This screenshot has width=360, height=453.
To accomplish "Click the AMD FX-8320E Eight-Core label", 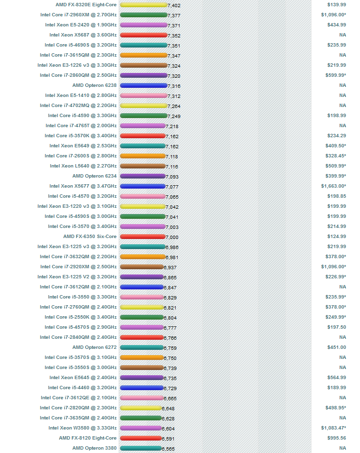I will (86, 5).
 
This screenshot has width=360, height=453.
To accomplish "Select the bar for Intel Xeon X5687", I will (143, 35).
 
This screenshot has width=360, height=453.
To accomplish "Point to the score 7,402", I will (174, 5).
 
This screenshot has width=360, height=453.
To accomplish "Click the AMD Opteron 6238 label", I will (95, 85).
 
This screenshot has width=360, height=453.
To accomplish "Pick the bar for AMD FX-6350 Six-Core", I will (142, 237).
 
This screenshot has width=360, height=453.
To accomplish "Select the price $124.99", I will (336, 237).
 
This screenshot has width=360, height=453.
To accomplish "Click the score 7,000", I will (172, 238).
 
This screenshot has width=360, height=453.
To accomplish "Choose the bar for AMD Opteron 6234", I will (143, 176).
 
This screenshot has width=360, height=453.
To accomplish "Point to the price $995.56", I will (336, 438).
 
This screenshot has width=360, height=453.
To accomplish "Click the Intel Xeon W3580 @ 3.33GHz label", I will (83, 428).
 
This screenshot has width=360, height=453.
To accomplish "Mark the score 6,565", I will (168, 449).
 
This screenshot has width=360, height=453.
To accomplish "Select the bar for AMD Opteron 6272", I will (142, 347).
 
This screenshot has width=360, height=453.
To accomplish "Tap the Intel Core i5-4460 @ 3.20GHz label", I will (82, 388).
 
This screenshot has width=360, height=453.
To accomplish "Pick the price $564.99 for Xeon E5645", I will (336, 378).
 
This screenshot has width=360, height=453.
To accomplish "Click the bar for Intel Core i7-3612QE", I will (142, 398).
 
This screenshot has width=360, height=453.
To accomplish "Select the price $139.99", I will (336, 5).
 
